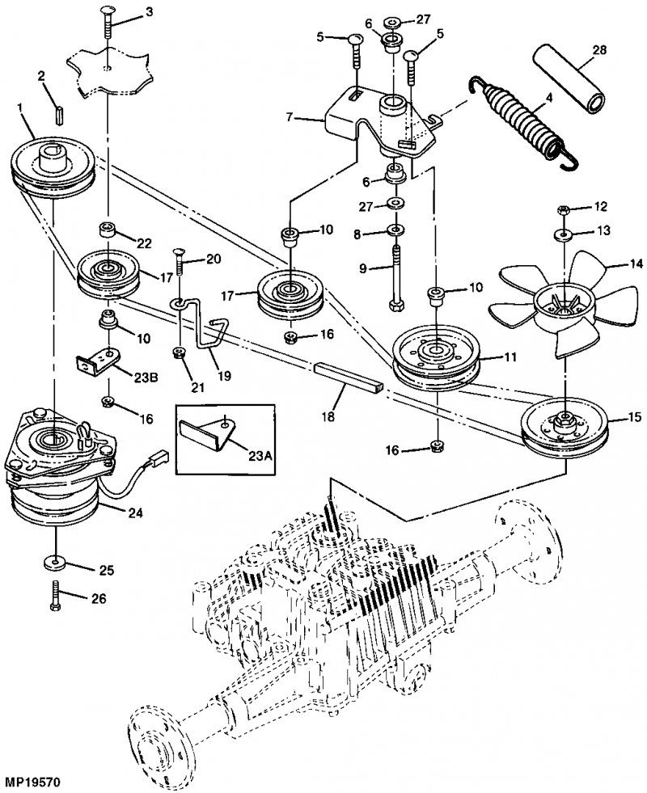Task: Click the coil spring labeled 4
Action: (524, 120)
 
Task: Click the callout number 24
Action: (135, 512)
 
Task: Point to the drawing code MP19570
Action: (31, 782)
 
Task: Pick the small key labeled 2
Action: (59, 115)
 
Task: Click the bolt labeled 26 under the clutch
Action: (55, 598)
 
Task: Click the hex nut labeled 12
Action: (565, 209)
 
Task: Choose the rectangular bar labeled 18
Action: (349, 380)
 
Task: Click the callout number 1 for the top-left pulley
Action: (20, 108)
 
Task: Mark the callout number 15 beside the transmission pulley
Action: (633, 418)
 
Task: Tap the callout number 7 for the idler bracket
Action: (289, 117)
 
